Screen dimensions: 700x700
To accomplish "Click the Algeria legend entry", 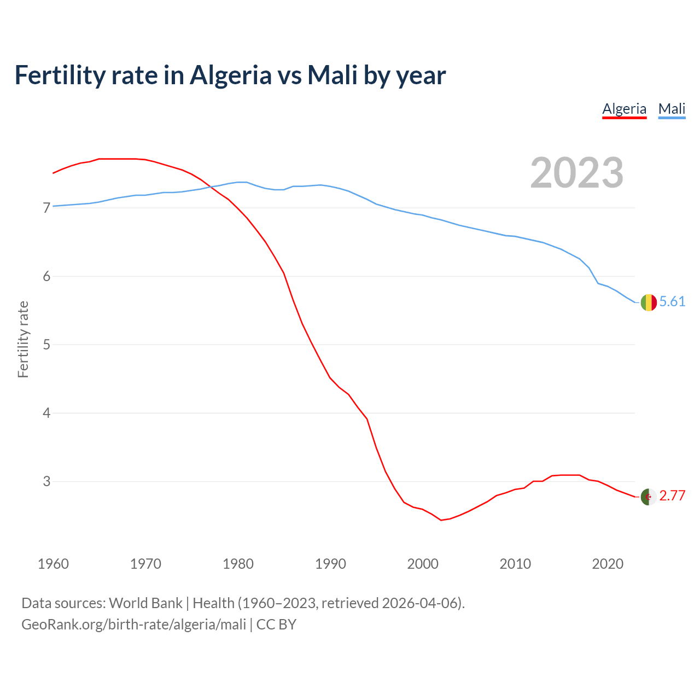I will coord(624,109).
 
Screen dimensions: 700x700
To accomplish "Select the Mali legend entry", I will coord(672,109).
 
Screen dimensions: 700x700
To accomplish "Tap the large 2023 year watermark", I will coord(576,173).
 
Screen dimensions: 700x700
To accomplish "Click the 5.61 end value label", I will coord(672,301).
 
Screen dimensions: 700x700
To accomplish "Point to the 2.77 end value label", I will coord(672,495).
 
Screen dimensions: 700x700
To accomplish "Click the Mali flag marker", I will coord(649,302).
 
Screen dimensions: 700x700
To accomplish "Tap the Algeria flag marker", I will coord(649,497).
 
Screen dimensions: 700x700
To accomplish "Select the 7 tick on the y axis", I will coord(46,208).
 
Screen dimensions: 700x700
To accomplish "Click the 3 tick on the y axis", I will coord(46,481).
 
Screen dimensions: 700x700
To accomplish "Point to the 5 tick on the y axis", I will coord(46,345).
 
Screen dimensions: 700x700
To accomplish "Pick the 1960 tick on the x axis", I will coord(53,564).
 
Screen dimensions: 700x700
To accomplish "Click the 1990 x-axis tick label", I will coord(330,564).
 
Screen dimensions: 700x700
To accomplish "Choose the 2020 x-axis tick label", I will coord(608,564).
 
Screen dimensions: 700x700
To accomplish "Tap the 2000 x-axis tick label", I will coord(423,564).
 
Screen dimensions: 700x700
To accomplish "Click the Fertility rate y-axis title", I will coord(23,339).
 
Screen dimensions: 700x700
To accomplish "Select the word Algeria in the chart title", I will coord(230,75).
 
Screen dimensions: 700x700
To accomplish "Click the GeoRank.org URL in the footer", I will coord(134,624).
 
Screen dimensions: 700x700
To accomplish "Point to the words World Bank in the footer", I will coord(145,603).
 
